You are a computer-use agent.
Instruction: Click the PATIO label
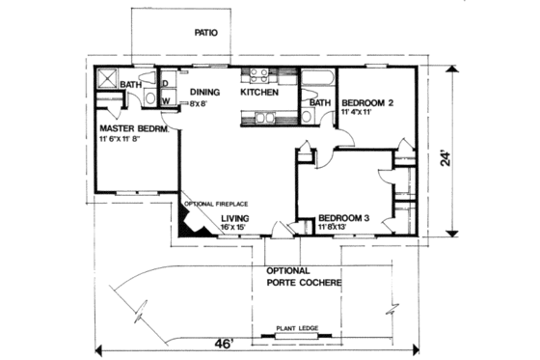[205, 32]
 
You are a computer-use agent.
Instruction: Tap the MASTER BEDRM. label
[134, 128]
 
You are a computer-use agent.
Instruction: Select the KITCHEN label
[259, 93]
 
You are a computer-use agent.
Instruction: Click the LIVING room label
[235, 219]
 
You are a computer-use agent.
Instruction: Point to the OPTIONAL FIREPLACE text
[217, 205]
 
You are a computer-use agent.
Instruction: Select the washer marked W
[165, 100]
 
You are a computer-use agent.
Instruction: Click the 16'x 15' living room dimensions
[237, 229]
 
